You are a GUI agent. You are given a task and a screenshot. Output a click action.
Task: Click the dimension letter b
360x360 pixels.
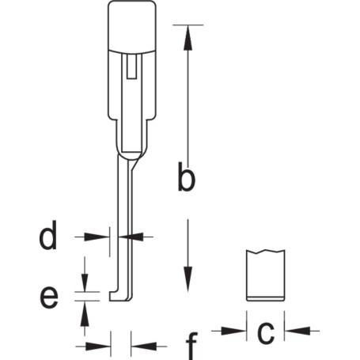point(187,176)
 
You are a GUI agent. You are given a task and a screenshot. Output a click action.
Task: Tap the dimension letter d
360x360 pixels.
point(48,235)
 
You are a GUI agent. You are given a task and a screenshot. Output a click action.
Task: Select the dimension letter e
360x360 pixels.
point(49,297)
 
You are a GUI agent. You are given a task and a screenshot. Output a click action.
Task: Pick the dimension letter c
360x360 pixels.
point(266,332)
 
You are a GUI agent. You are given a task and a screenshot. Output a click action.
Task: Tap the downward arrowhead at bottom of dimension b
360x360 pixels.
point(188,279)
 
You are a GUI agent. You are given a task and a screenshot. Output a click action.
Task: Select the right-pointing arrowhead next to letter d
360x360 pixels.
point(97,237)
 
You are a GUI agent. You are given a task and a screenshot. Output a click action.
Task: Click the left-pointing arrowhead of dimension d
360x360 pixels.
point(131,237)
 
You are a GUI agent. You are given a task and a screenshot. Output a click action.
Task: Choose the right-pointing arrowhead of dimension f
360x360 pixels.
point(98,346)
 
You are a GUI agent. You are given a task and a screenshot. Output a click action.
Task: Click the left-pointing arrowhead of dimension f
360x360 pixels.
point(144,346)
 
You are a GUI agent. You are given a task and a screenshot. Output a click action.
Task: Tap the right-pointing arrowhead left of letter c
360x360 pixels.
point(233,331)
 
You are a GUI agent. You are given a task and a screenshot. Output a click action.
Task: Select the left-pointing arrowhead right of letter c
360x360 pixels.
point(297,331)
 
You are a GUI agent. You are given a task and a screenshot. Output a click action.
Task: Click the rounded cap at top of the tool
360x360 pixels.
point(132,26)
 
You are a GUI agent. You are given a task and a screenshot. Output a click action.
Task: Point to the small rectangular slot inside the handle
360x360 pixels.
point(131,66)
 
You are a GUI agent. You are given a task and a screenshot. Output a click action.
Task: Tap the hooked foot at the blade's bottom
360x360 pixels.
point(121,296)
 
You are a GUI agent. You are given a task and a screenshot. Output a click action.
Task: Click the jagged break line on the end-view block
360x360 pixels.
point(266,252)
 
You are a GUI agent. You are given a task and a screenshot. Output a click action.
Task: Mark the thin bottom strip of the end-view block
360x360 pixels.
point(266,298)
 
